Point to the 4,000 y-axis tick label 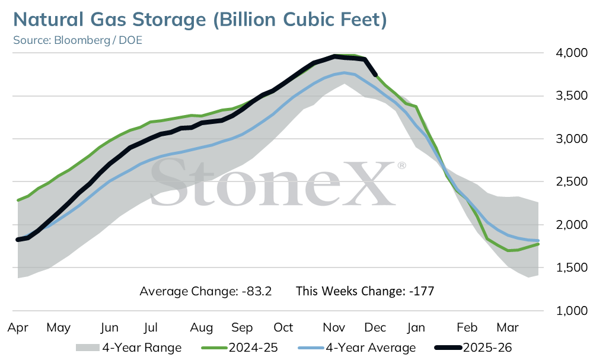pyautogui.click(x=571, y=53)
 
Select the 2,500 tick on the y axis pyautogui.click(x=571, y=181)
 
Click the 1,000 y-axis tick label pyautogui.click(x=571, y=311)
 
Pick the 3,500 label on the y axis pyautogui.click(x=571, y=95)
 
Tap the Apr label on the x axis pyautogui.click(x=18, y=327)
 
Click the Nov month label pyautogui.click(x=334, y=327)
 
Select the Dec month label pyautogui.click(x=375, y=327)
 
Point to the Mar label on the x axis pyautogui.click(x=508, y=327)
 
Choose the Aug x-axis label pyautogui.click(x=201, y=327)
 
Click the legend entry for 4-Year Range pyautogui.click(x=129, y=348)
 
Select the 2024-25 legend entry pyautogui.click(x=240, y=348)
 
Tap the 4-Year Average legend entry pyautogui.click(x=357, y=348)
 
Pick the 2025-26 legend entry pyautogui.click(x=473, y=348)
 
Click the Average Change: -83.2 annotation pyautogui.click(x=205, y=291)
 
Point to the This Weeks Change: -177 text pyautogui.click(x=365, y=291)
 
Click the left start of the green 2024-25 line pyautogui.click(x=18, y=200)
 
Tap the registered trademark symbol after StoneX pyautogui.click(x=401, y=165)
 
